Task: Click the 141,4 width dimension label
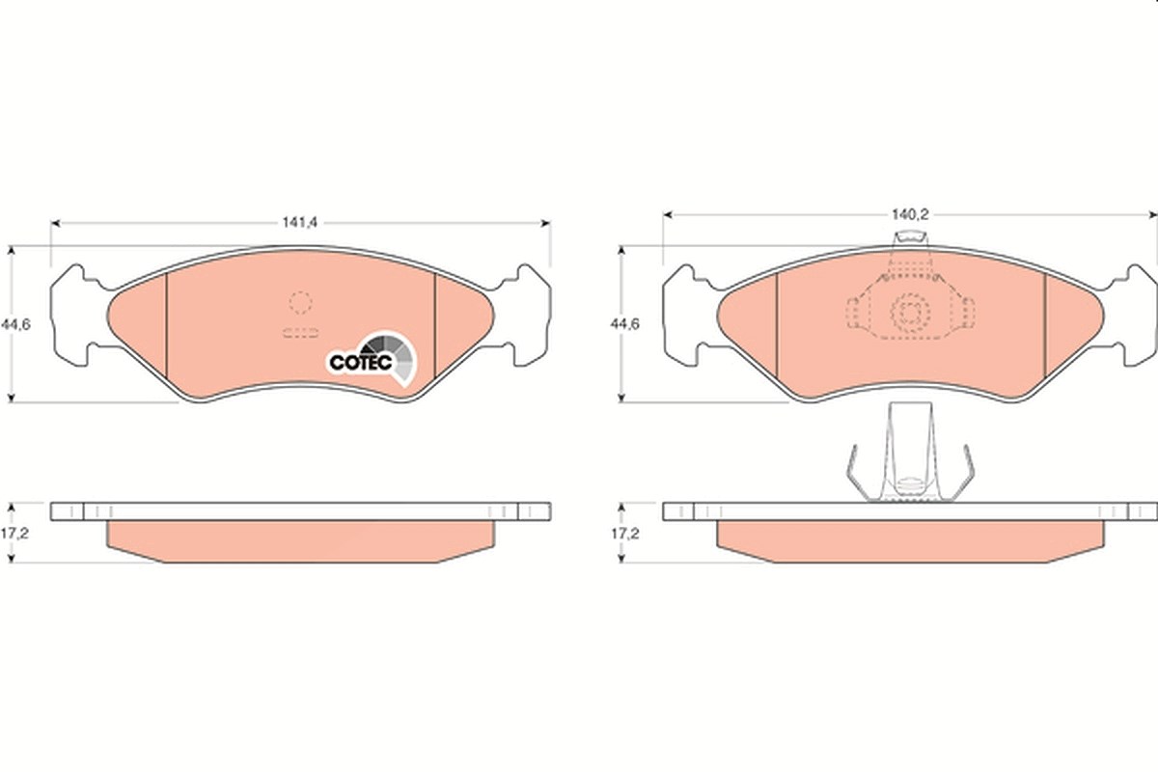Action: coord(299,222)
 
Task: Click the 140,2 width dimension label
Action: coord(910,214)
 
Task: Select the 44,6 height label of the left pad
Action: coord(15,324)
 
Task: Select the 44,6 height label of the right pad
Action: coord(625,324)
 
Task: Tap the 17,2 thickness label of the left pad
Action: coord(14,533)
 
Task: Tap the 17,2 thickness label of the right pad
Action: coord(625,533)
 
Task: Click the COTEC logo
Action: coord(372,358)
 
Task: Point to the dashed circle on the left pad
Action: coord(300,302)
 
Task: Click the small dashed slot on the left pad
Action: coord(300,333)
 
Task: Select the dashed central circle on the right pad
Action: coord(910,312)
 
